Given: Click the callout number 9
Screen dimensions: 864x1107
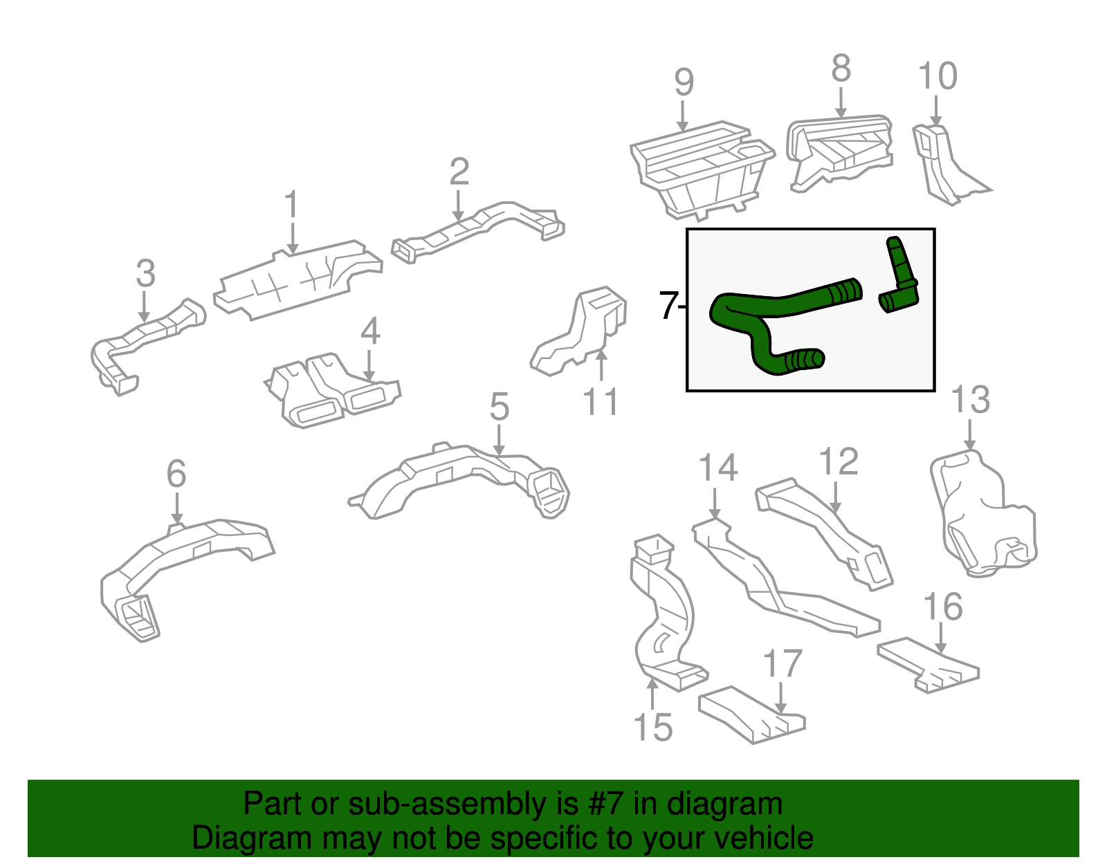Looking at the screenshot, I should pos(684,82).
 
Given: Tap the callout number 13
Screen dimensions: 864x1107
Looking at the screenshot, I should pos(970,401).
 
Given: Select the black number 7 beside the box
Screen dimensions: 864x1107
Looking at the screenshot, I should pos(667,306).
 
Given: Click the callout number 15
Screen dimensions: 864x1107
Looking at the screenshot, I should pos(652,728).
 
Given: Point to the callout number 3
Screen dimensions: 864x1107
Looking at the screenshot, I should pos(145,274).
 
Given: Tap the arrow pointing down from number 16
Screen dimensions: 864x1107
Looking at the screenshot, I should pos(941,637).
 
